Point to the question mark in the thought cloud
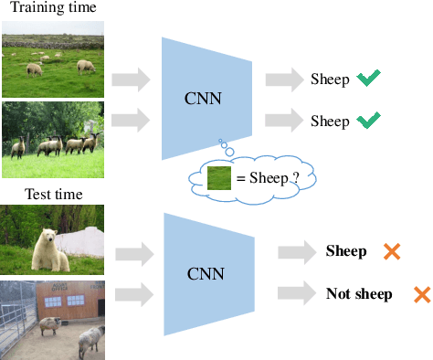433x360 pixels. pyautogui.click(x=296, y=177)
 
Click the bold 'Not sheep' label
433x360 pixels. pyautogui.click(x=359, y=294)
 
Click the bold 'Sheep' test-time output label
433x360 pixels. pyautogui.click(x=346, y=251)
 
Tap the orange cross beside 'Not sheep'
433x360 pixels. pyautogui.click(x=421, y=294)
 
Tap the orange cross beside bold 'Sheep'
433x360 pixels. pyautogui.click(x=392, y=251)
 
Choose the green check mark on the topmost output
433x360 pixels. pyautogui.click(x=368, y=79)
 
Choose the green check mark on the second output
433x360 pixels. pyautogui.click(x=368, y=121)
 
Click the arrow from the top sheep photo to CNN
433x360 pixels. pyautogui.click(x=130, y=79)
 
